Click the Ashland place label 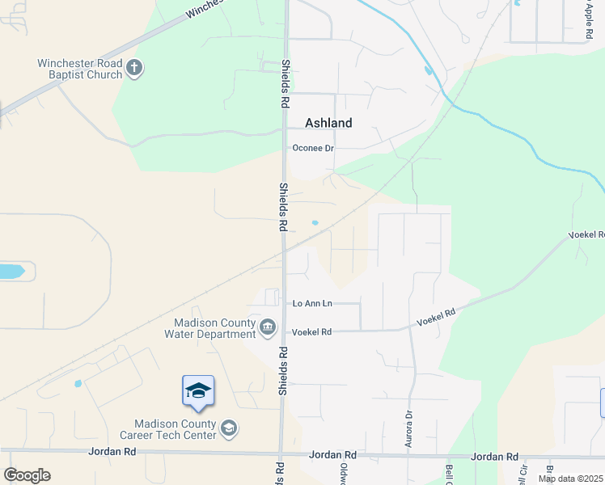coord(328,123)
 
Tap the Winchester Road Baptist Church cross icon coord(135,69)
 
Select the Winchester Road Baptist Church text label coord(80,69)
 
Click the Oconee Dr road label coord(313,148)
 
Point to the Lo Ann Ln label coord(312,303)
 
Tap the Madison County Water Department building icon coord(268,327)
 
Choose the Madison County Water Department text coord(209,328)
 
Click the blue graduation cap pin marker coord(198,391)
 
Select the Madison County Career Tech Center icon coord(229,428)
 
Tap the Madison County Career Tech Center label coord(175,429)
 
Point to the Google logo coord(27,475)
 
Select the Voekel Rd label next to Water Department coord(312,331)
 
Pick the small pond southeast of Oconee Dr coord(315,223)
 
